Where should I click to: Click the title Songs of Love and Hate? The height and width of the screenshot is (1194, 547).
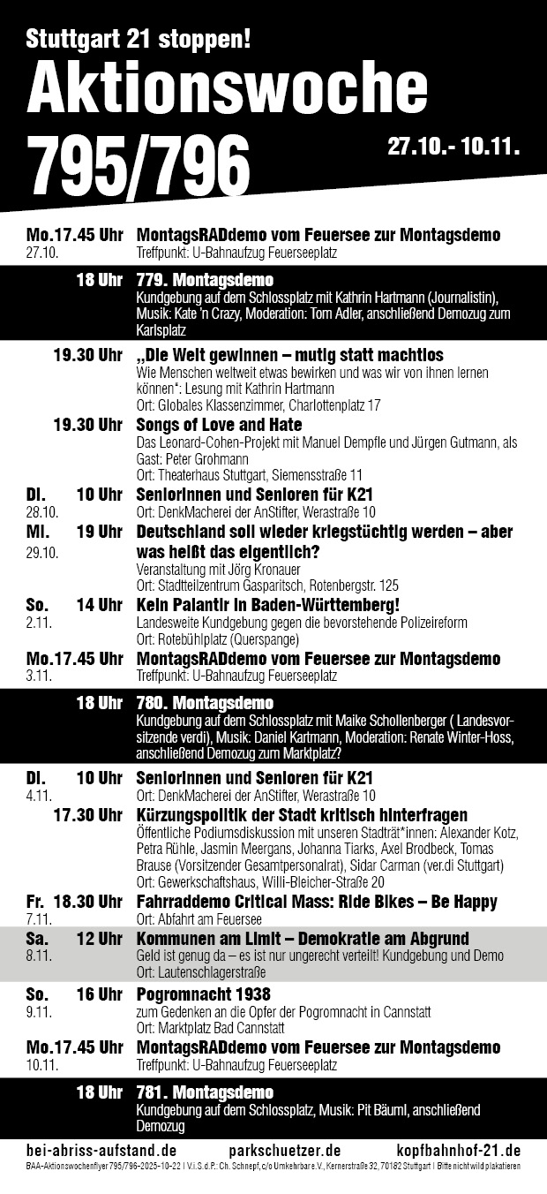pos(219,425)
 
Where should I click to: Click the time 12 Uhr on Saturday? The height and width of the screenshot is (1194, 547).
pos(99,938)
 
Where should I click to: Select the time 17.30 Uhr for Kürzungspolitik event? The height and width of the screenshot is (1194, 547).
pos(87,814)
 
